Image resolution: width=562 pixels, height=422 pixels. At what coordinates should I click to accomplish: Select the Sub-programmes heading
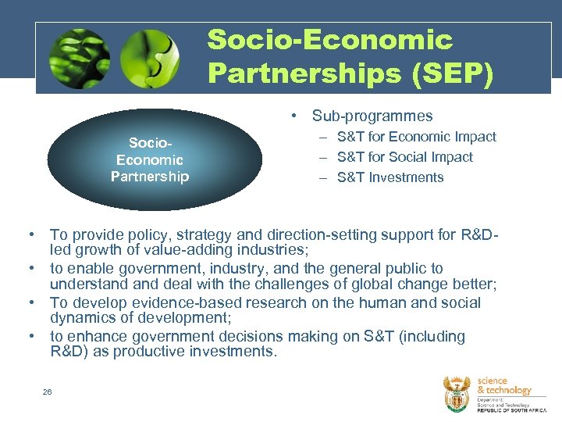point(372,116)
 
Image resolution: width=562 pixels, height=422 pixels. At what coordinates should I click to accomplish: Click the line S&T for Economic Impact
point(417,137)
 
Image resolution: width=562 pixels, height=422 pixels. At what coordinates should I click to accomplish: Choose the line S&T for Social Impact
point(405,157)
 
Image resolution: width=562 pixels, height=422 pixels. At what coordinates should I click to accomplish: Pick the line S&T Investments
point(390,177)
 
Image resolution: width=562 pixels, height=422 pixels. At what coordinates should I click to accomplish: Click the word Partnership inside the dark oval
point(150,177)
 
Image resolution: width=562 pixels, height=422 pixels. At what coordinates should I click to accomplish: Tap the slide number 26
point(48,392)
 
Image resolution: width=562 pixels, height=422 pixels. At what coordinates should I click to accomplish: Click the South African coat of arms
point(457,392)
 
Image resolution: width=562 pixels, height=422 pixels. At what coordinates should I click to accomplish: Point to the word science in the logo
point(493,381)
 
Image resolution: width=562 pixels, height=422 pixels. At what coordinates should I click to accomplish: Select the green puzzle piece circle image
point(150,58)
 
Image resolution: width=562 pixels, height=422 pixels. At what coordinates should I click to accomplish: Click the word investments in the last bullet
point(233,352)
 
